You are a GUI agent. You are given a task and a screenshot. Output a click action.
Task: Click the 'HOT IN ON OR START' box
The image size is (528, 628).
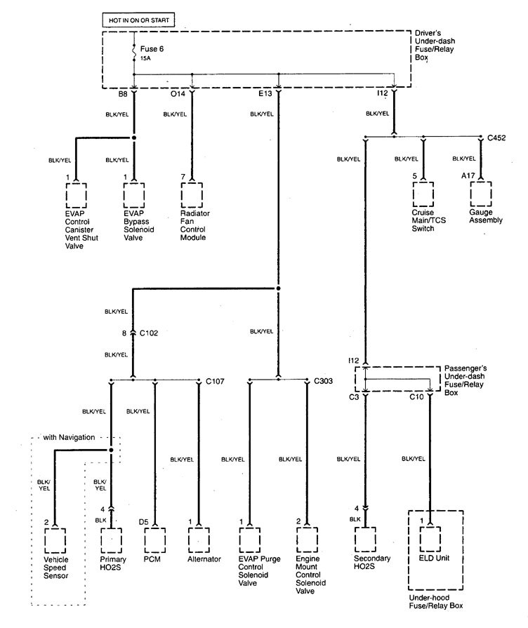tap(138, 20)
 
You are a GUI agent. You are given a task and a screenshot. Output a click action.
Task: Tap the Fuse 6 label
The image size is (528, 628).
tap(152, 49)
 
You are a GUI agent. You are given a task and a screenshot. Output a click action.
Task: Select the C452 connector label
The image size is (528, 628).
tap(496, 138)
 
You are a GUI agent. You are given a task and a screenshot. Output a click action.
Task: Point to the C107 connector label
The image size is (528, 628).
tap(215, 381)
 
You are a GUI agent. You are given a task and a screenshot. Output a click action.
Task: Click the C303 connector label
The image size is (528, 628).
tap(323, 381)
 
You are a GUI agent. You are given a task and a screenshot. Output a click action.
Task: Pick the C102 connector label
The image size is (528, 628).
tap(149, 333)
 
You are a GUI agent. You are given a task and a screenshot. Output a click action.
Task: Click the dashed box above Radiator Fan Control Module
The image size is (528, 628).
tap(192, 196)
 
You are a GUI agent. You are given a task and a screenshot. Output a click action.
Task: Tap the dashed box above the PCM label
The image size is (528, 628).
tap(154, 540)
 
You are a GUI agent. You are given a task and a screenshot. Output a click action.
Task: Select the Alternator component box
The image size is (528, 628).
tap(199, 540)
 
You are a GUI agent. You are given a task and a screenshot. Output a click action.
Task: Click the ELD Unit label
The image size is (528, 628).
tap(434, 558)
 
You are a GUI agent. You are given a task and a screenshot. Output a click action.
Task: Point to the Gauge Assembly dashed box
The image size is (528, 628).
tap(481, 194)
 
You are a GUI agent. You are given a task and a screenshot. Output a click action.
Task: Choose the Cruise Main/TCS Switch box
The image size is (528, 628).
tap(423, 194)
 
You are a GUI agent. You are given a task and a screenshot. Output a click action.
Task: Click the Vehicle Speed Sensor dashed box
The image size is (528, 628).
tap(55, 541)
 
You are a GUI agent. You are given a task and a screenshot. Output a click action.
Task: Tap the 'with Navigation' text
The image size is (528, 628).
tap(69, 437)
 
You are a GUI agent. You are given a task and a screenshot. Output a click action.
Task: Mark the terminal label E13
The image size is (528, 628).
tap(265, 94)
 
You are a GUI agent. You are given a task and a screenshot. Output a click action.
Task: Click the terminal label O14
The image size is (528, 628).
tap(178, 94)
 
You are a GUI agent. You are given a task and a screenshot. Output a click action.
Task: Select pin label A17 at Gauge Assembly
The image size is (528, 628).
tap(468, 175)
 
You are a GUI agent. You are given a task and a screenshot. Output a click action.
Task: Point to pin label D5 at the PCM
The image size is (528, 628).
tap(143, 522)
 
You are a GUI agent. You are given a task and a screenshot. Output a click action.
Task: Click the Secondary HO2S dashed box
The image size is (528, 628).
tap(365, 540)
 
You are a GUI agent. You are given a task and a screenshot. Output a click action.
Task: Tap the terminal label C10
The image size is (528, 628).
tap(416, 397)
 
